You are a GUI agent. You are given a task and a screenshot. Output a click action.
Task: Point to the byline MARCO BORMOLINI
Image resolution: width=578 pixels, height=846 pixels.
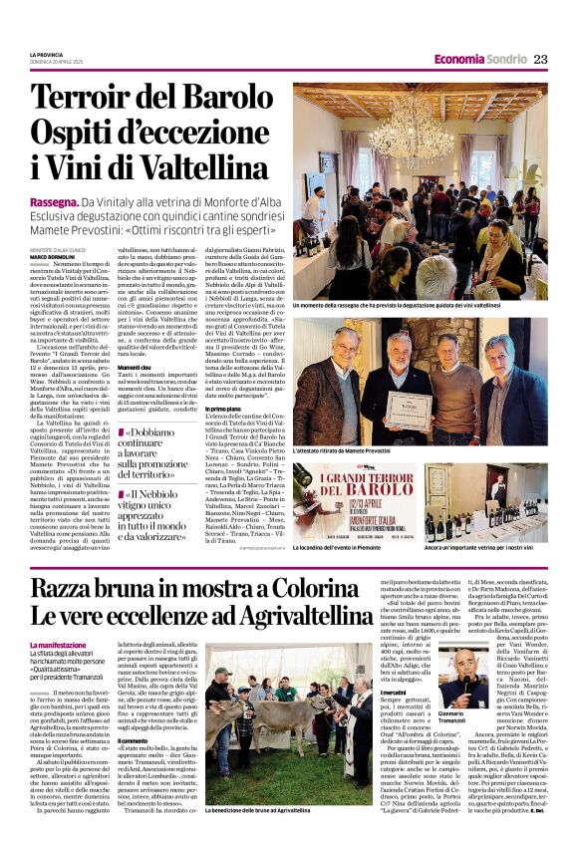coord(51,257)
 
